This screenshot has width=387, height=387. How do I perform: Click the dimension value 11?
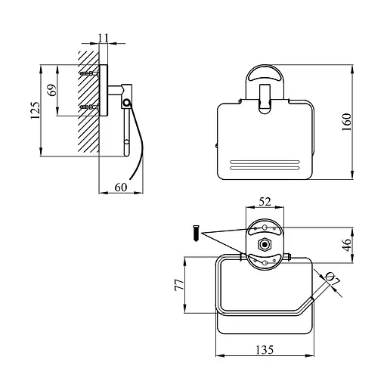click(104, 38)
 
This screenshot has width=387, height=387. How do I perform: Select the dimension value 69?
click(52, 90)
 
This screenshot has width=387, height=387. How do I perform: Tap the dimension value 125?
click(35, 110)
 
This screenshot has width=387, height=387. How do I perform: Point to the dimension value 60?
click(121, 187)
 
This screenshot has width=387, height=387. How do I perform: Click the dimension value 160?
click(347, 122)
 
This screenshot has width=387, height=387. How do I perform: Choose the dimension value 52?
click(265, 202)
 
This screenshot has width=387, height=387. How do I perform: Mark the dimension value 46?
click(347, 245)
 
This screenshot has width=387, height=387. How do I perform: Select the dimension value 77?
click(179, 285)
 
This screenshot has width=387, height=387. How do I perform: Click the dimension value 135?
click(265, 350)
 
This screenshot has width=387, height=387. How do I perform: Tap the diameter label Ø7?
click(333, 279)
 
